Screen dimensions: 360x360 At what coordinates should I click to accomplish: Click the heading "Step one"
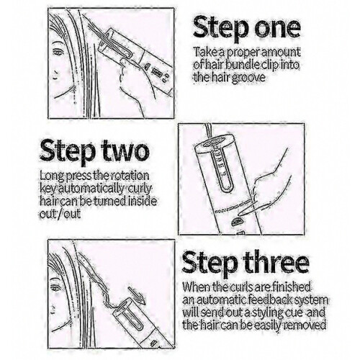pos(247,29)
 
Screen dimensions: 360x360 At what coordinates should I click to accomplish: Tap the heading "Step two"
pos(94,153)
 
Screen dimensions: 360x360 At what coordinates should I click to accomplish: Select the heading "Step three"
pos(246,265)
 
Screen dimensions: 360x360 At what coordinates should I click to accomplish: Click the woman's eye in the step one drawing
pos(57,52)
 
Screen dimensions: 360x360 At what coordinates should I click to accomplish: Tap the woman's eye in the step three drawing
pos(56,287)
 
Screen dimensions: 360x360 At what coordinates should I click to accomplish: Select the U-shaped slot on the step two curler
pos(220,171)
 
